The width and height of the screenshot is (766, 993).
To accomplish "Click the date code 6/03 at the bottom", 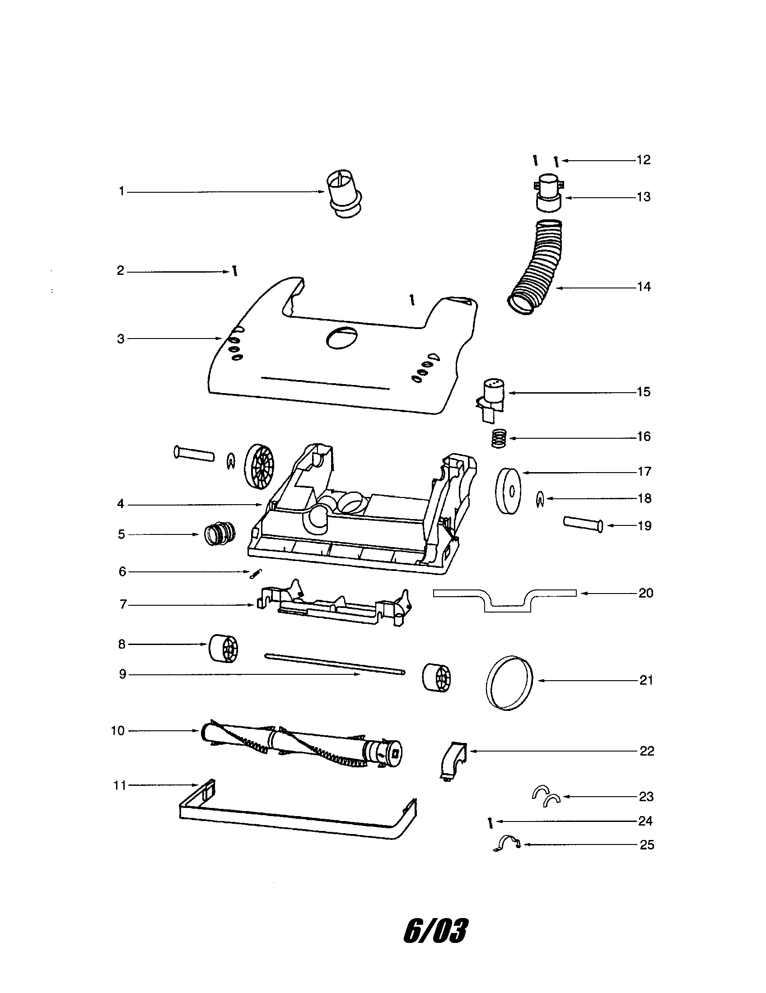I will (435, 930).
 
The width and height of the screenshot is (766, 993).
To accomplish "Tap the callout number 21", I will (646, 680).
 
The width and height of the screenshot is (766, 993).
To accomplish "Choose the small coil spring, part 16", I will (499, 439).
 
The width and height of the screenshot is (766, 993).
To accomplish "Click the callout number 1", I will (121, 191).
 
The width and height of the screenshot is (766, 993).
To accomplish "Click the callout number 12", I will (644, 160).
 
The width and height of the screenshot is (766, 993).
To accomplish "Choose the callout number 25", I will (647, 845).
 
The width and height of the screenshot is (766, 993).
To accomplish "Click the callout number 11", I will (120, 785).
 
